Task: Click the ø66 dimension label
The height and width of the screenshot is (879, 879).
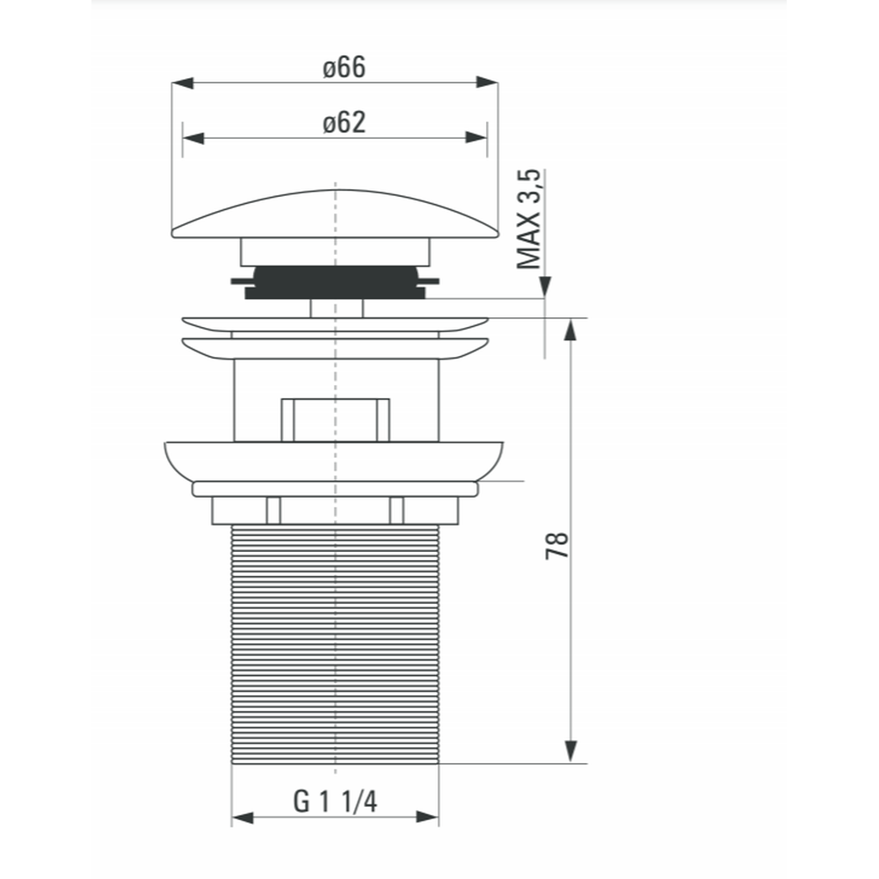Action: pyautogui.click(x=344, y=68)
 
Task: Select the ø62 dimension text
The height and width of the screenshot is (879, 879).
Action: pyautogui.click(x=344, y=122)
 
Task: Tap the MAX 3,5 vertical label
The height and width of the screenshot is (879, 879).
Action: pyautogui.click(x=529, y=219)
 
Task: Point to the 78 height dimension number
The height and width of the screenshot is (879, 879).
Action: pyautogui.click(x=557, y=546)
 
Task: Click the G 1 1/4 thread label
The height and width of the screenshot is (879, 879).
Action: pyautogui.click(x=335, y=801)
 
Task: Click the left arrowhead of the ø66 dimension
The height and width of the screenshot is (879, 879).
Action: pyautogui.click(x=183, y=83)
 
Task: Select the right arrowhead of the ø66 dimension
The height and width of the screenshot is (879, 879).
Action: pyautogui.click(x=487, y=83)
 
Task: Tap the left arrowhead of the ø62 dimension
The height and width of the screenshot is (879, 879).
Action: pyautogui.click(x=193, y=138)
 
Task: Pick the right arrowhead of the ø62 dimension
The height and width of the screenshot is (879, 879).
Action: pyautogui.click(x=476, y=137)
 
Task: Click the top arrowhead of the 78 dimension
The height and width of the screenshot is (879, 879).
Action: pyautogui.click(x=570, y=330)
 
